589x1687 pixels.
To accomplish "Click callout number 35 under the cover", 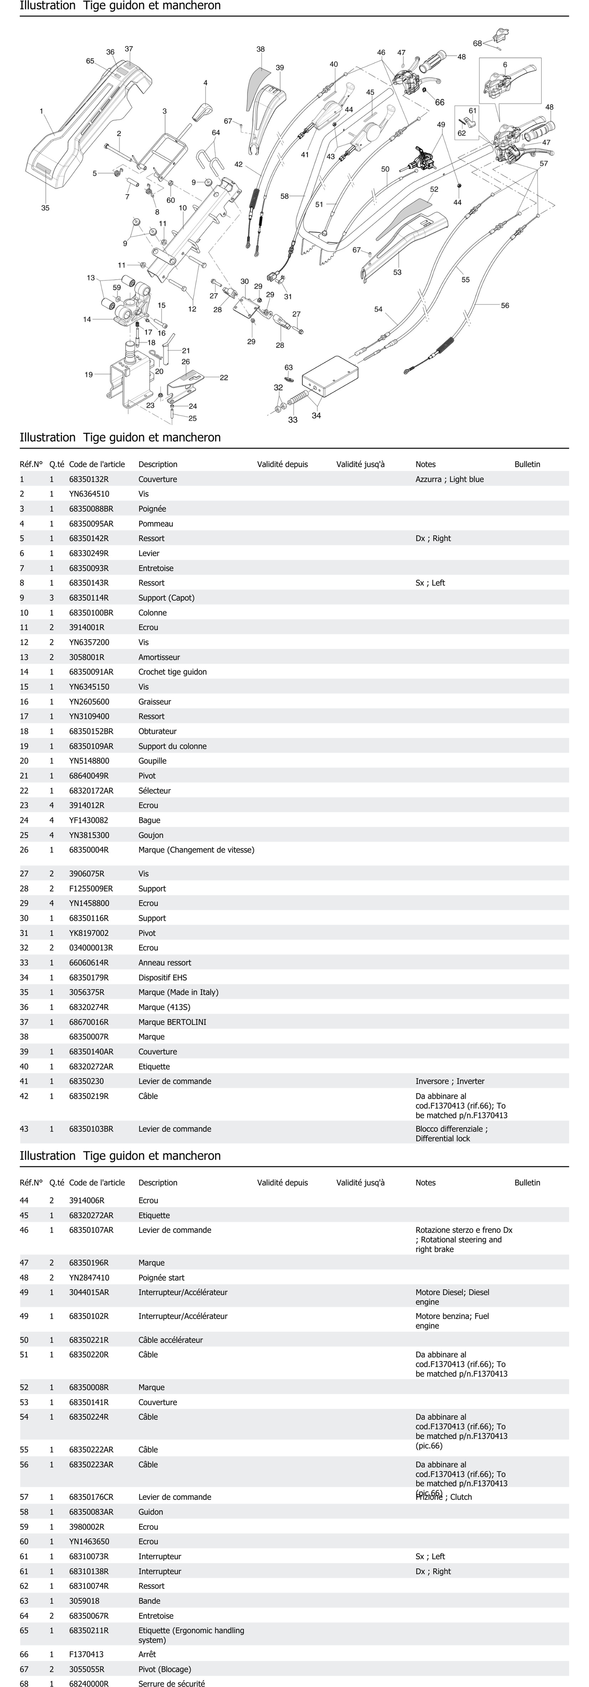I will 45,208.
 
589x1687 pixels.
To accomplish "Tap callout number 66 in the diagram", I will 440,102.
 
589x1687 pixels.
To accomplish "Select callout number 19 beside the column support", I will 88,375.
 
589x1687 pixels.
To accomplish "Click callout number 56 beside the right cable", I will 505,305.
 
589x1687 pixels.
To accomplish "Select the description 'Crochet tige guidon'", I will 172,672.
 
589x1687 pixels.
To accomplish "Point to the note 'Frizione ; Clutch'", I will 444,1497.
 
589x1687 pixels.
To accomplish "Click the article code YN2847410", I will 89,1278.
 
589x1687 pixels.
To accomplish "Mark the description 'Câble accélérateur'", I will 170,1340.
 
